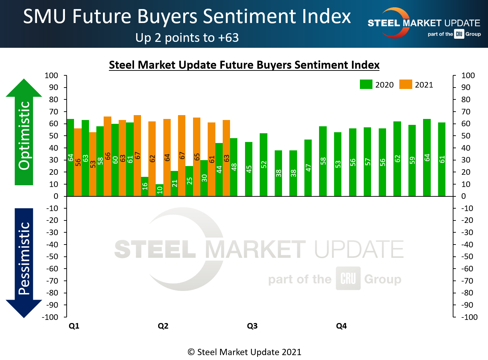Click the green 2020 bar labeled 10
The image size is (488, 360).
click(160, 190)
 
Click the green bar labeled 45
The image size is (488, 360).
click(249, 169)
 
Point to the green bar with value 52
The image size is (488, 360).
click(264, 165)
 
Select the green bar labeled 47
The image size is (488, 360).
click(308, 168)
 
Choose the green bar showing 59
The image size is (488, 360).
click(412, 160)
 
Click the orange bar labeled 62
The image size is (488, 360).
click(152, 159)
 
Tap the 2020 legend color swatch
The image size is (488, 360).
click(366, 84)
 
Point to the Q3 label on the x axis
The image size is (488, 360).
click(252, 326)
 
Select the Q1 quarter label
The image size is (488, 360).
click(74, 326)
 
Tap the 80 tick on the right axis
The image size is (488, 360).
click(466, 99)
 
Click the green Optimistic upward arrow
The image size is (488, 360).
click(24, 133)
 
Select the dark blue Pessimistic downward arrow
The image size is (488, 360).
click(24, 262)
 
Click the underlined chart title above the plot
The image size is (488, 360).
click(244, 65)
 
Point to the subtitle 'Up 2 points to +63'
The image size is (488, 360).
click(187, 38)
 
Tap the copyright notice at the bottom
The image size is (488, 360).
click(244, 352)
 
